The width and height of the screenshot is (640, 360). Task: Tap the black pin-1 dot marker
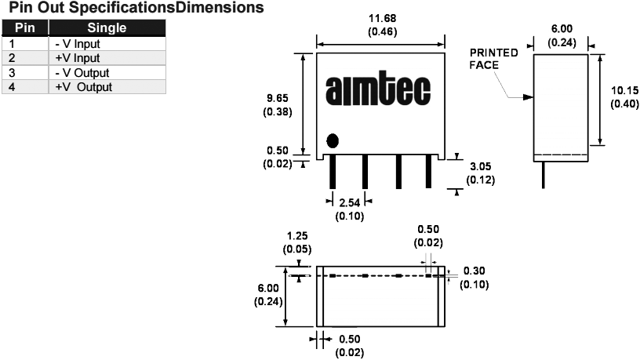point(333,140)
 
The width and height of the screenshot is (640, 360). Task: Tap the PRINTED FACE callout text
point(493,60)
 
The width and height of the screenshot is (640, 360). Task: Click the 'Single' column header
point(107,29)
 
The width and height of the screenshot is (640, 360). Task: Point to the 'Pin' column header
point(26,29)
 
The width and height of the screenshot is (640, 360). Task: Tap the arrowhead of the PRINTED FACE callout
point(530,97)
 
